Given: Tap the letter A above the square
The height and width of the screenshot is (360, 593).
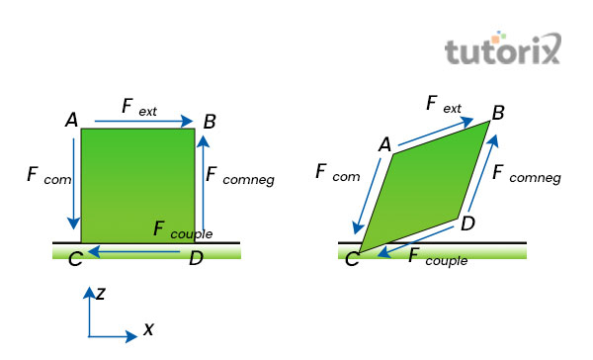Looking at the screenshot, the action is click(71, 121).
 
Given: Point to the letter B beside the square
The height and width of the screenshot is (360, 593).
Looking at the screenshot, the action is click(210, 122).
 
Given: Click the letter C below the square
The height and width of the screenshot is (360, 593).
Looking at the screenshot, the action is click(75, 261).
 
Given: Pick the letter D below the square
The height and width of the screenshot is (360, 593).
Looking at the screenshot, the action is click(196, 259).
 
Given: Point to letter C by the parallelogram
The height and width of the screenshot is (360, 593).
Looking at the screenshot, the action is click(350, 260).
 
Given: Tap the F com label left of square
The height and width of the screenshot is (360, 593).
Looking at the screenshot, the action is click(43, 176).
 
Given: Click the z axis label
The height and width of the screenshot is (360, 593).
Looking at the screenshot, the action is click(100, 293).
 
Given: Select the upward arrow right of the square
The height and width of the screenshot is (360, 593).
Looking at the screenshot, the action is click(203, 188).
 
